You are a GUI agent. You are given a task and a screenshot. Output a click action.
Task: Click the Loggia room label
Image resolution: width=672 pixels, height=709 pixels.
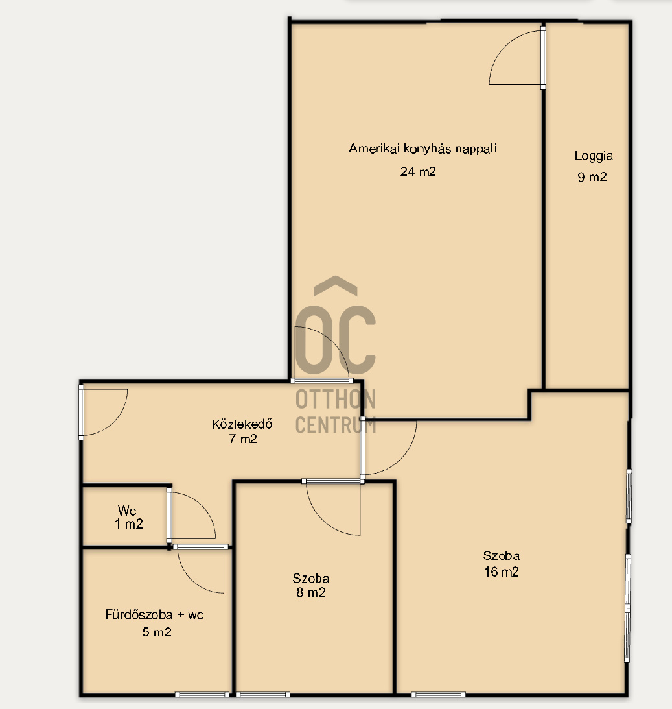[594, 156]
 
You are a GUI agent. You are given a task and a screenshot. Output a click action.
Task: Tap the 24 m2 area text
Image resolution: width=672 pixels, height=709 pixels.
[418, 171]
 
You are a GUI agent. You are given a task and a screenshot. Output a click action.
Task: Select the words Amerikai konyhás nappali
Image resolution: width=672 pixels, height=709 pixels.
[423, 149]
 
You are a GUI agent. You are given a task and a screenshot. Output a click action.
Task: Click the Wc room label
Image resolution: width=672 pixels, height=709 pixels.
[127, 511]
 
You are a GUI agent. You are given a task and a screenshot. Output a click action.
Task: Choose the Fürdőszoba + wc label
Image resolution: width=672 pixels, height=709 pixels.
[154, 614]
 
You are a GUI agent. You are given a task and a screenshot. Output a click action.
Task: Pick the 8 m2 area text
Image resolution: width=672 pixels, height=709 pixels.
[310, 593]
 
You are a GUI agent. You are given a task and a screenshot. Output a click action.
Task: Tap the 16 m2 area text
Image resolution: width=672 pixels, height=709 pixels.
[502, 572]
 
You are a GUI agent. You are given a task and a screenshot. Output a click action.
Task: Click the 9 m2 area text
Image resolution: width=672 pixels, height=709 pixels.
[592, 177]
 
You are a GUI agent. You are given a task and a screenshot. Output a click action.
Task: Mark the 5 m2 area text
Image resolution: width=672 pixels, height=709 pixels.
[157, 632]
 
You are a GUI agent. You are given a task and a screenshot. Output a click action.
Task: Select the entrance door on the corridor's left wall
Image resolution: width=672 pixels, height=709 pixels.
[103, 412]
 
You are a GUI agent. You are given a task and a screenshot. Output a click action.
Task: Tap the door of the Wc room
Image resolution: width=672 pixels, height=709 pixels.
[191, 516]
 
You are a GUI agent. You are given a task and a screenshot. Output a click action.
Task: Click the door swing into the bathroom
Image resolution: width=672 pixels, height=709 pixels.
[201, 569]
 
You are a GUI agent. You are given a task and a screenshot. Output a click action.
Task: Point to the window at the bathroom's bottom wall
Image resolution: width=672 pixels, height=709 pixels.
[202, 694]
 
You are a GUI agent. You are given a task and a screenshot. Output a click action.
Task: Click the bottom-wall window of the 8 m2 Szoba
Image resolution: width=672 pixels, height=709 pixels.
[262, 694]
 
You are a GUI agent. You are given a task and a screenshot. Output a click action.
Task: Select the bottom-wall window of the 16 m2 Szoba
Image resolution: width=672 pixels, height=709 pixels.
[438, 694]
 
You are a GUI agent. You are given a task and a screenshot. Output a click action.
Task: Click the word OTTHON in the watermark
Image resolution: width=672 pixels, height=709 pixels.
[336, 400]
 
